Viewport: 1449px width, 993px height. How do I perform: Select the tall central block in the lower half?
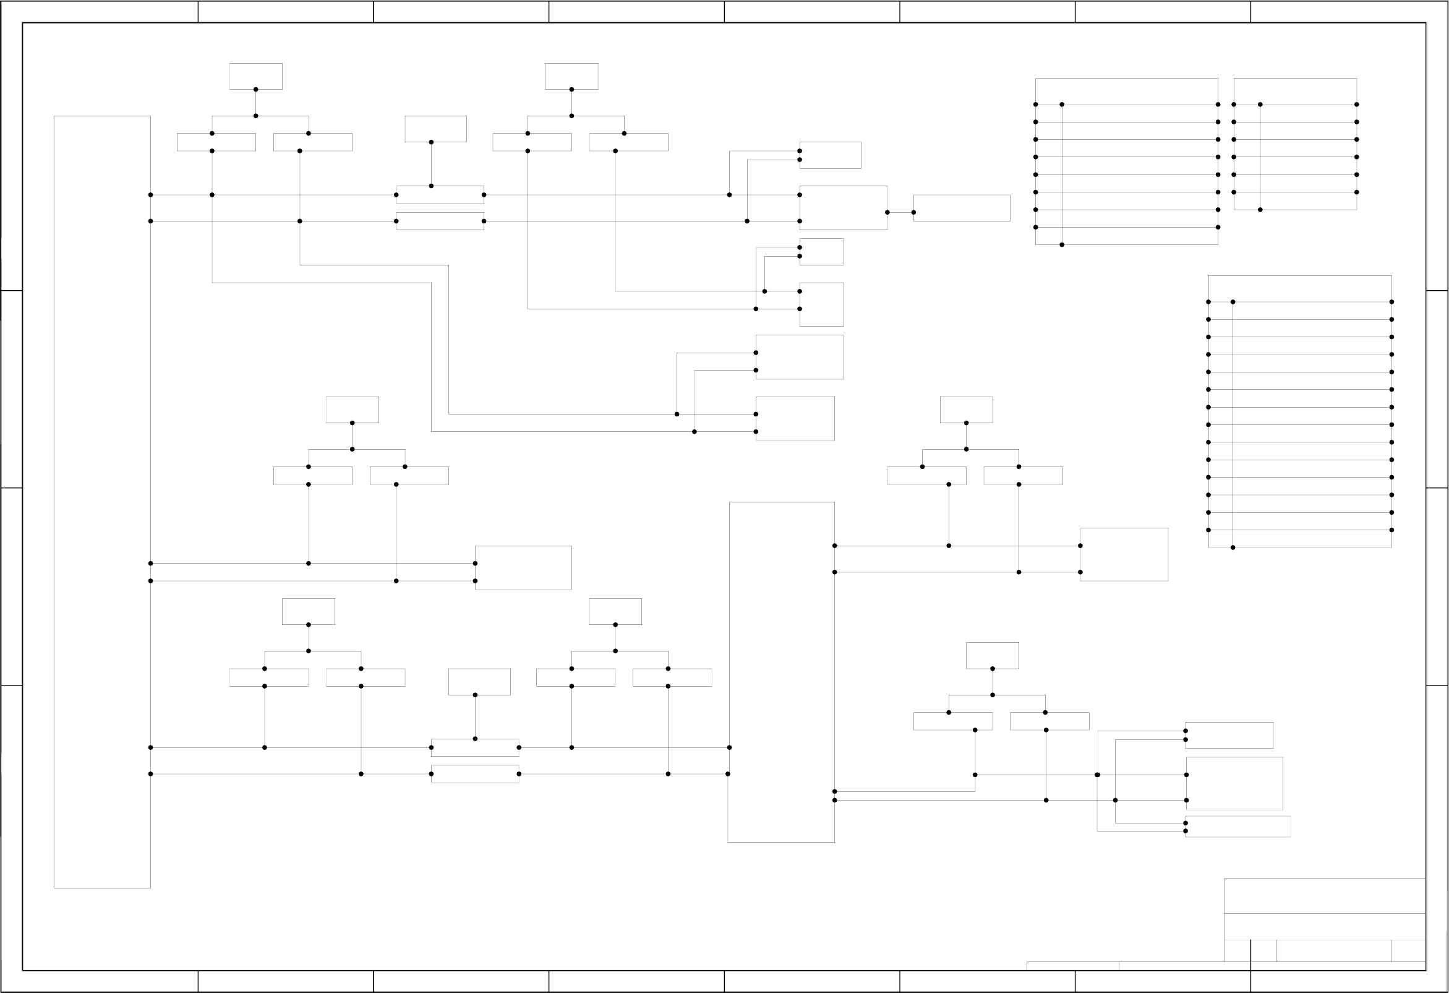click(781, 672)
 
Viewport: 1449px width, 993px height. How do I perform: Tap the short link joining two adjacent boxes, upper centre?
click(900, 213)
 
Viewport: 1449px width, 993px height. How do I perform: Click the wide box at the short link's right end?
click(962, 208)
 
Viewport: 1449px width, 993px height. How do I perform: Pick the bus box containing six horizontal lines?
click(1295, 144)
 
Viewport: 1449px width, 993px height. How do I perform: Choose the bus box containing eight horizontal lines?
click(1126, 161)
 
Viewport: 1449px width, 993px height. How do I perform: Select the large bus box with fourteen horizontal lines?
click(1299, 411)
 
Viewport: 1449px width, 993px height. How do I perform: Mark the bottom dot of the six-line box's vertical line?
click(1260, 210)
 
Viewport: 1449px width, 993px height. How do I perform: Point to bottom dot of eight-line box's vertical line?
click(1062, 244)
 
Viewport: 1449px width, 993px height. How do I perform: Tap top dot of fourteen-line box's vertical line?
click(1233, 302)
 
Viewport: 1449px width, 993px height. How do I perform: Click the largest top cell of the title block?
click(1324, 896)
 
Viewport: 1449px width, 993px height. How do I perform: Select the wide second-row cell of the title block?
click(1324, 926)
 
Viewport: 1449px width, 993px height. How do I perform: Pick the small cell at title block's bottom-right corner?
click(1408, 950)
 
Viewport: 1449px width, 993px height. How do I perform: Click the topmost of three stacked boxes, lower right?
click(1229, 735)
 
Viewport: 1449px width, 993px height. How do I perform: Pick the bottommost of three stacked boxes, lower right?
click(1237, 827)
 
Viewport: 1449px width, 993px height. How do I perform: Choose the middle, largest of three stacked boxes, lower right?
click(1234, 783)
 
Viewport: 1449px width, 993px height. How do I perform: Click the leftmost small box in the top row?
click(255, 76)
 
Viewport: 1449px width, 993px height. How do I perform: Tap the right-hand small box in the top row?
click(571, 76)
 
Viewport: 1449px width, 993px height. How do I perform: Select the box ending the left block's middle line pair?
click(523, 567)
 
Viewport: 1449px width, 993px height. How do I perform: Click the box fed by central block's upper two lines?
click(1124, 554)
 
